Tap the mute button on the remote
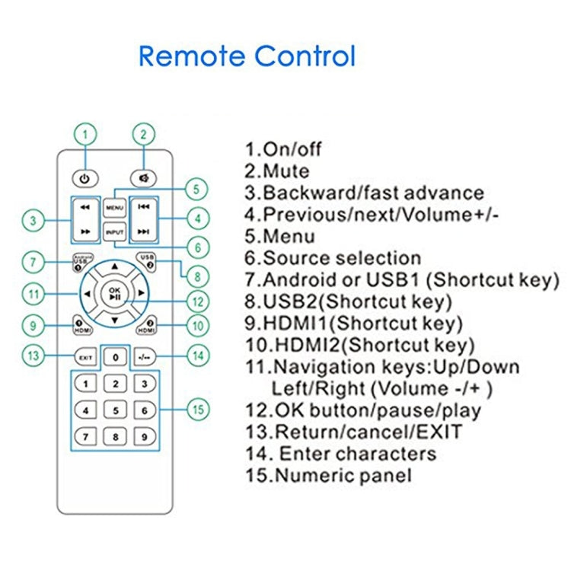(143, 178)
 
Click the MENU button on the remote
(114, 209)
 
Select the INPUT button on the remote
(115, 232)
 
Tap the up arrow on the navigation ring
(115, 266)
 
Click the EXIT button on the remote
(85, 358)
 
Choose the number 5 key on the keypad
(116, 410)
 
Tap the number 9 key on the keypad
(145, 437)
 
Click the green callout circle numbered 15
(198, 410)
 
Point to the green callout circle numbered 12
(198, 302)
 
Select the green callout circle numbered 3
(33, 220)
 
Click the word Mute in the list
(286, 171)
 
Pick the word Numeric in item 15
(311, 476)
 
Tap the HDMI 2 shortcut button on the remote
(146, 326)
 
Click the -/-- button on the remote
(145, 358)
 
